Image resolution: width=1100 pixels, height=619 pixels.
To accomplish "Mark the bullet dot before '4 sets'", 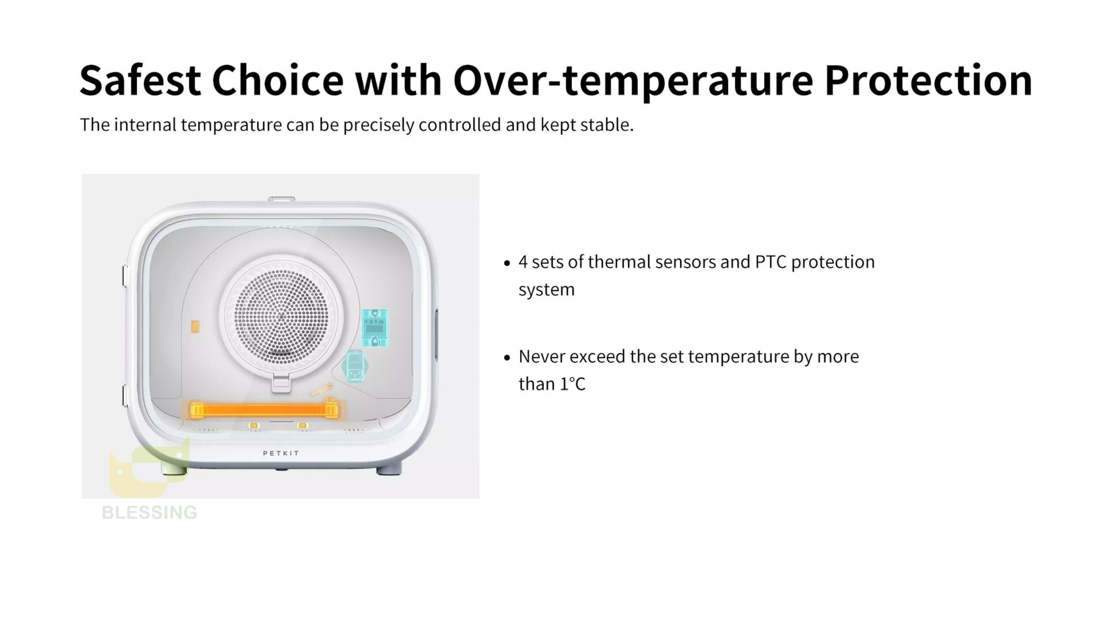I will point(507,263).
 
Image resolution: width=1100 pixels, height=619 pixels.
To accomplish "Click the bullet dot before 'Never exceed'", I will point(507,358).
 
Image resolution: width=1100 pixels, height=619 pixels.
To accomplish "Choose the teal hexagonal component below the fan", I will point(355,366).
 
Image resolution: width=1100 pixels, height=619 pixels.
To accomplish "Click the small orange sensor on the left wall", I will point(195,327).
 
